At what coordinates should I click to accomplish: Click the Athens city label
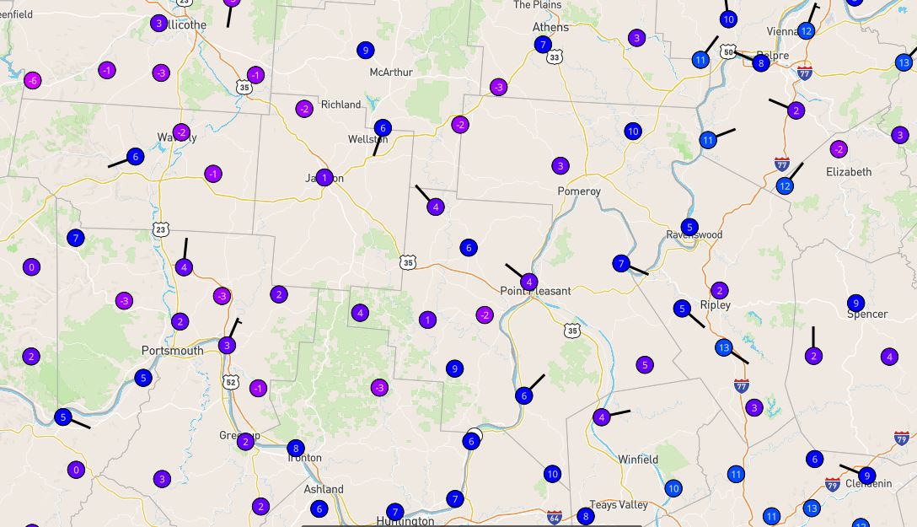tap(550, 27)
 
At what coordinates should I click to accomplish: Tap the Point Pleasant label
tap(535, 292)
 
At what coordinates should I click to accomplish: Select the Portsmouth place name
tap(172, 351)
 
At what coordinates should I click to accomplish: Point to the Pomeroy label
tap(579, 191)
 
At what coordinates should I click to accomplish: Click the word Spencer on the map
tap(867, 315)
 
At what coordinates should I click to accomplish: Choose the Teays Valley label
tap(619, 505)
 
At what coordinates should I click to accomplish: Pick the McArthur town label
tap(391, 73)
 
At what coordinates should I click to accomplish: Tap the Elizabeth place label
tap(849, 172)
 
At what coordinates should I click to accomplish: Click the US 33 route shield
tap(554, 57)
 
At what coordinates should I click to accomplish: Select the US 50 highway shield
tap(728, 53)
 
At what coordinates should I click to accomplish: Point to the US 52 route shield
tap(231, 382)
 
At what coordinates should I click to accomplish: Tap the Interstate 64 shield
tap(554, 516)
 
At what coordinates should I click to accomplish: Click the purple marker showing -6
tap(32, 81)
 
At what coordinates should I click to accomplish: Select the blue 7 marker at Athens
tap(543, 45)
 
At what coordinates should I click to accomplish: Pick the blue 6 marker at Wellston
tap(383, 128)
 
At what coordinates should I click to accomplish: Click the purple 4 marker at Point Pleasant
tap(528, 282)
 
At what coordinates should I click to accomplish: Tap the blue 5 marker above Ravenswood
tap(689, 227)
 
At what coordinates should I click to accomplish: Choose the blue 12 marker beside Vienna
tap(806, 31)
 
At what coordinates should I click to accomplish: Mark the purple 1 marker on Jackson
tap(324, 178)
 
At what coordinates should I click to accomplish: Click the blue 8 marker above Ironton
tap(295, 448)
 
